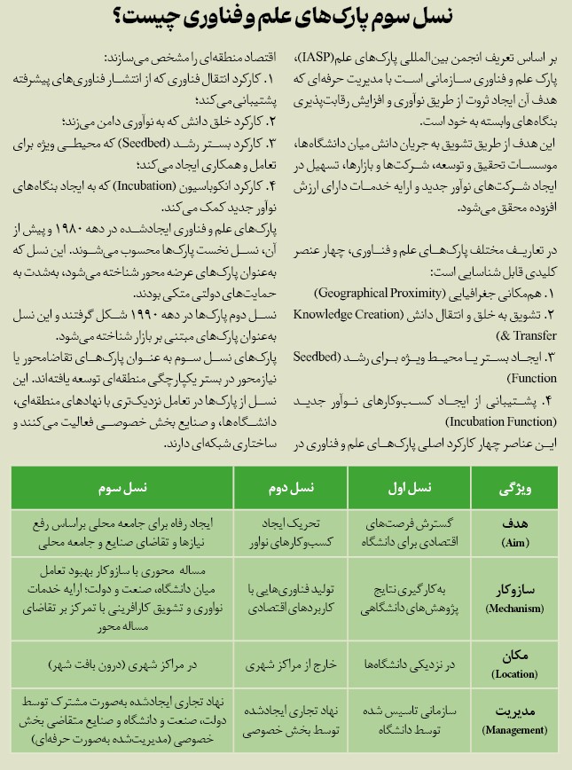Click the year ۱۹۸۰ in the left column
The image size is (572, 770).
[x=131, y=230]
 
